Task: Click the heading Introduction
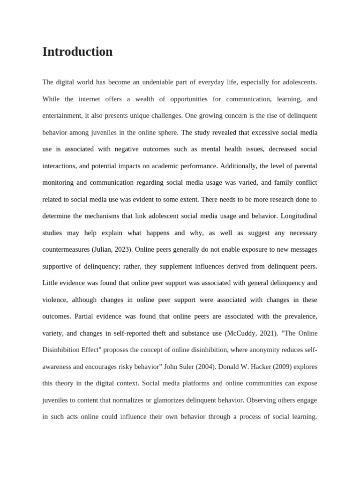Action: [x=77, y=52]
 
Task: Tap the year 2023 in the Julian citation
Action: [x=121, y=250]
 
